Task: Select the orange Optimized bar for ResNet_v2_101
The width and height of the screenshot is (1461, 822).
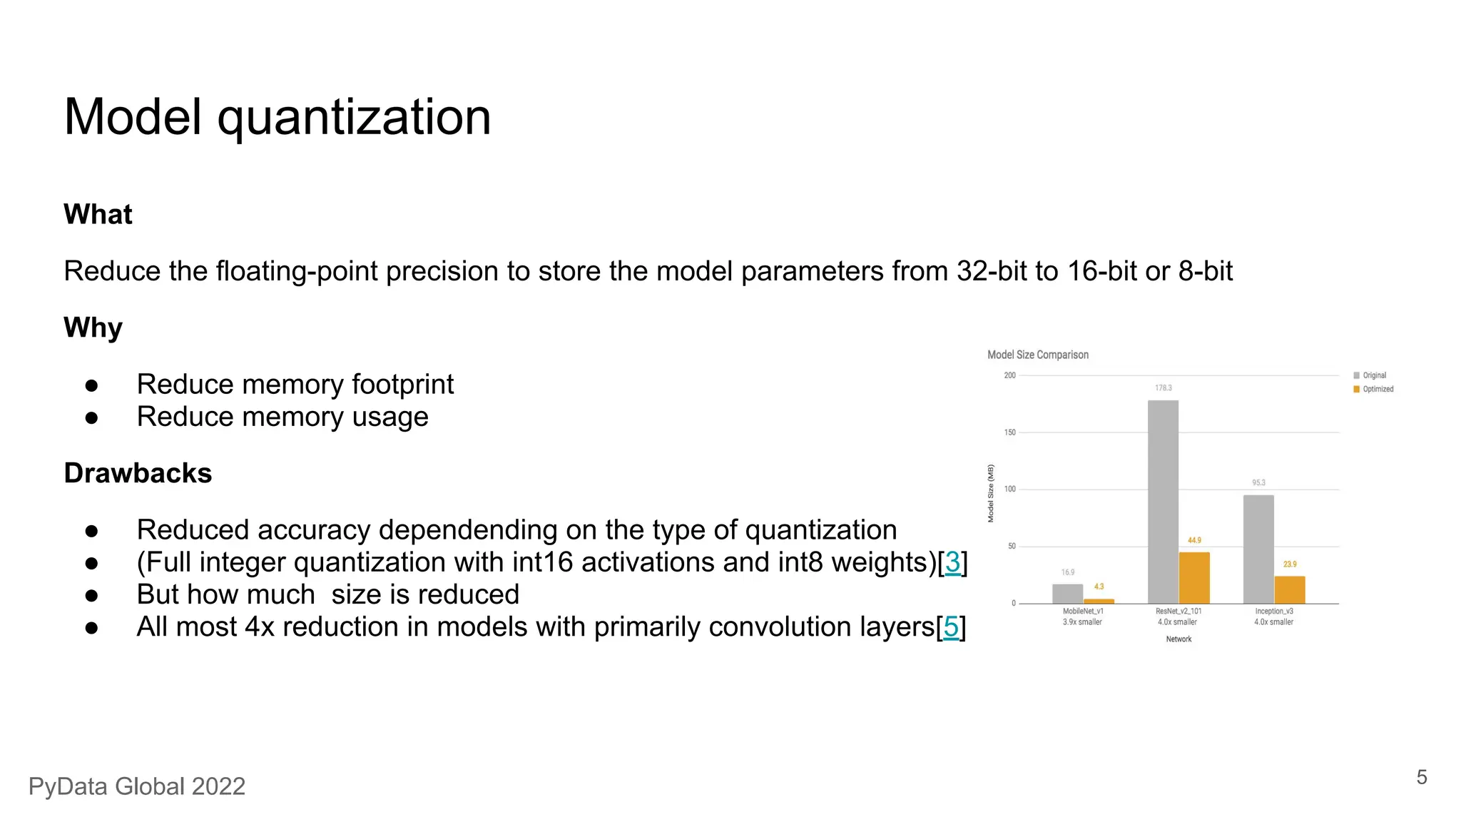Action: click(1194, 578)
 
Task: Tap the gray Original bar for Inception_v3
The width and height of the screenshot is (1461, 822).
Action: click(1258, 549)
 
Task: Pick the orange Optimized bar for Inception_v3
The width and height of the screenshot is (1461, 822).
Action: click(1290, 589)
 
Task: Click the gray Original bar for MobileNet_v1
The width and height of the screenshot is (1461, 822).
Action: click(1067, 594)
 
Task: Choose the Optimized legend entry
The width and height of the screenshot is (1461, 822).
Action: click(1378, 389)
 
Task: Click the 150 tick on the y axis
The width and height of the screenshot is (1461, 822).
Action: click(1009, 432)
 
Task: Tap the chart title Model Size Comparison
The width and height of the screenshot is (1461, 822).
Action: click(1038, 355)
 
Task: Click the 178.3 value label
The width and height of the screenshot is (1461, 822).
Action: click(1164, 388)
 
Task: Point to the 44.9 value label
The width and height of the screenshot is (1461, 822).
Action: click(1194, 540)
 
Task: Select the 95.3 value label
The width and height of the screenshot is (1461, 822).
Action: click(1259, 483)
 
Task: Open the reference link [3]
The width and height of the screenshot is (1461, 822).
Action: click(952, 562)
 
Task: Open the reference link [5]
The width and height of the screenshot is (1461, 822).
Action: click(951, 627)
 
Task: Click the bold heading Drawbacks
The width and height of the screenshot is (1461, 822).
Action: click(138, 473)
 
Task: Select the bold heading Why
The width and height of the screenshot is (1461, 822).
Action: click(93, 328)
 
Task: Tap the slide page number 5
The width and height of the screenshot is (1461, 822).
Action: click(1421, 777)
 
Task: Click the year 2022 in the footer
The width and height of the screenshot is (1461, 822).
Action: click(218, 786)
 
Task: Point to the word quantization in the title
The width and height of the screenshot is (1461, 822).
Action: click(354, 118)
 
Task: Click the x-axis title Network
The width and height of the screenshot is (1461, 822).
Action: click(1179, 639)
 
